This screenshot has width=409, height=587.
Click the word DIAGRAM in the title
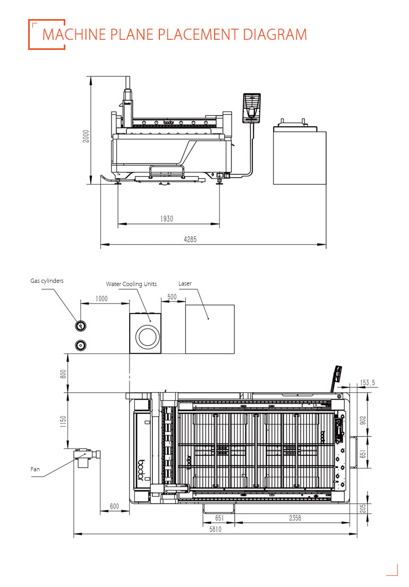click(275, 34)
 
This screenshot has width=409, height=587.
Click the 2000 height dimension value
click(86, 136)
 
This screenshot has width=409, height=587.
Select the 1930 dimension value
click(167, 219)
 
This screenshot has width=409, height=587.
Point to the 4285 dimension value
click(190, 239)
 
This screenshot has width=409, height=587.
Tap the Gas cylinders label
click(47, 281)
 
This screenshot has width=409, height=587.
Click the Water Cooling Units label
click(131, 284)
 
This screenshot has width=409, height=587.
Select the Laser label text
click(185, 283)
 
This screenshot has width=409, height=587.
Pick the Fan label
click(35, 469)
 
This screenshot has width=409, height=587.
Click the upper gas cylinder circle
click(81, 326)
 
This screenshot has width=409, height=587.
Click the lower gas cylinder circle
click(81, 345)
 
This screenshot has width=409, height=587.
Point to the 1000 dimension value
click(101, 299)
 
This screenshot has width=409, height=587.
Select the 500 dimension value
click(172, 297)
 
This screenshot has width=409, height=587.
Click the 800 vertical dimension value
click(63, 374)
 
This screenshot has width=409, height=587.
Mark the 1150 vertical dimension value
click(63, 421)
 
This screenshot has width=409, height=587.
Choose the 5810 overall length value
click(215, 529)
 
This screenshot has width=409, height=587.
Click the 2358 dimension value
click(295, 518)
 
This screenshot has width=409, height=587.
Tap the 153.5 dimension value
click(368, 383)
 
